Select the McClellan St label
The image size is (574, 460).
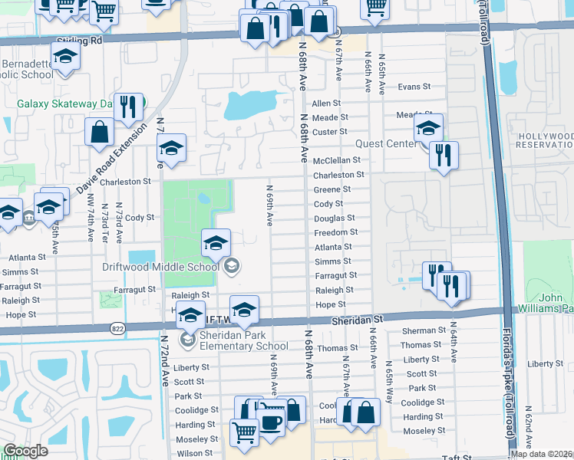click(337, 160)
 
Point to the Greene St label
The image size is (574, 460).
click(332, 189)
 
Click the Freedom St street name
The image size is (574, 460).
click(335, 232)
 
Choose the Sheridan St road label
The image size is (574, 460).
click(357, 317)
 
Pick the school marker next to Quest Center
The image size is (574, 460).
click(428, 127)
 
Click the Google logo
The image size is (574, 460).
click(26, 451)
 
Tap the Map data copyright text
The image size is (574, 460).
click(541, 454)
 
